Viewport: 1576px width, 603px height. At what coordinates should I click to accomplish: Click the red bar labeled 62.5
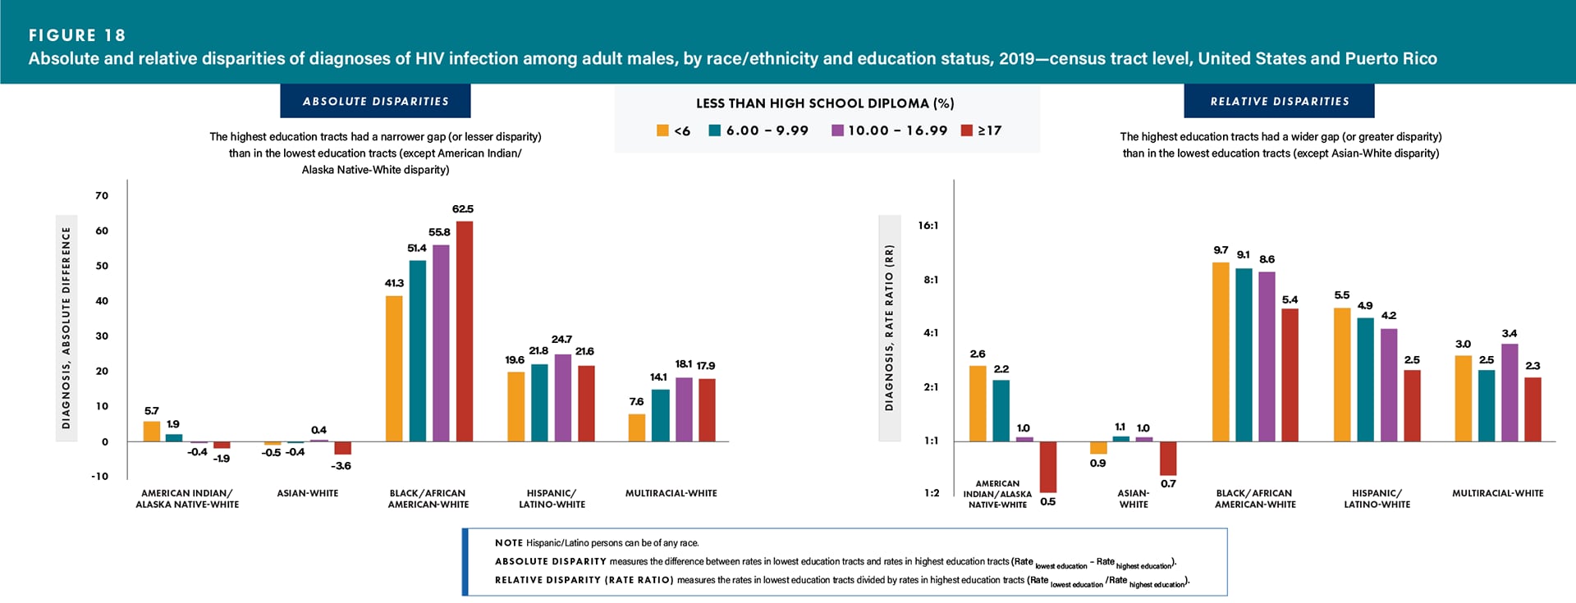coord(465,331)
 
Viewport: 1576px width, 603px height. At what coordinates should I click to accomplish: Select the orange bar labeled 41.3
coord(394,368)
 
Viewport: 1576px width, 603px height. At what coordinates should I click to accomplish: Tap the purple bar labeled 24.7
coord(563,398)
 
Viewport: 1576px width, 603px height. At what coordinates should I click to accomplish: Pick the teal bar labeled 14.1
coord(660,415)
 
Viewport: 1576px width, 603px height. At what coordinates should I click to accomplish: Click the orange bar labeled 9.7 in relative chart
coord(1221,352)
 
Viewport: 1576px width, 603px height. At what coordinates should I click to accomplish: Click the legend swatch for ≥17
coord(967,130)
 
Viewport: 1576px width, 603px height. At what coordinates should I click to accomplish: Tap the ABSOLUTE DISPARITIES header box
coord(375,101)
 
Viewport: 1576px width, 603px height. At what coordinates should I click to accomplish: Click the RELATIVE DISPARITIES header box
coord(1279,101)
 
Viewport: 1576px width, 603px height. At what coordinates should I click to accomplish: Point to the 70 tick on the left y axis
coord(102,195)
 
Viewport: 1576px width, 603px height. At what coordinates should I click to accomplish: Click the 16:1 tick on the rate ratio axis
coord(928,226)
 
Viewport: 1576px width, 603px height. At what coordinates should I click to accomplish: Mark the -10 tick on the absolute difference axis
coord(99,476)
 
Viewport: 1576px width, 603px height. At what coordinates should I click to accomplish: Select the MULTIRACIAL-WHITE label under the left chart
coord(671,493)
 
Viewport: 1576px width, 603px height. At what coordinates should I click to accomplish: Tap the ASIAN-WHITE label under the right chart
coord(1134,499)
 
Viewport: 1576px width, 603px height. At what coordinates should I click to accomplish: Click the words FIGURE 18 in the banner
coord(77,35)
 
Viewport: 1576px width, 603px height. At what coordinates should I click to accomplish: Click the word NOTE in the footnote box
coord(508,543)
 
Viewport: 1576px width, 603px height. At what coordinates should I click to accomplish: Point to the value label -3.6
coord(341,466)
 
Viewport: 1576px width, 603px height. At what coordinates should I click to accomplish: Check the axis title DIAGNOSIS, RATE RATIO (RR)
coord(889,328)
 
